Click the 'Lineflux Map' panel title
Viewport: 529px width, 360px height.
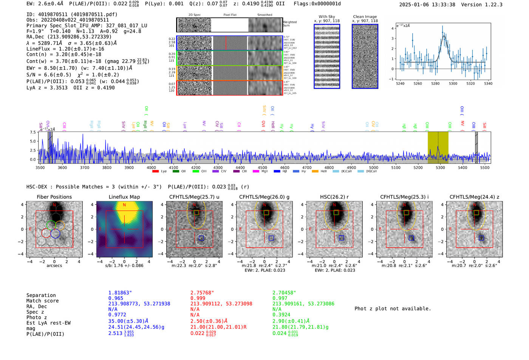pos(124,197)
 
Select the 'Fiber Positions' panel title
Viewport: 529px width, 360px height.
pos(54,197)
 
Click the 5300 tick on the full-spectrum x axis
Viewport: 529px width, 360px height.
pos(440,167)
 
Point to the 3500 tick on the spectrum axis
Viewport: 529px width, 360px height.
pos(40,167)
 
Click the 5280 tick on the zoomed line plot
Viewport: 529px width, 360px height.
pos(435,83)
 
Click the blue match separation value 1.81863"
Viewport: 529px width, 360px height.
pos(120,293)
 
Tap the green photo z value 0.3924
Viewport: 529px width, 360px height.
pos(281,315)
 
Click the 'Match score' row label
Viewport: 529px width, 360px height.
pos(42,301)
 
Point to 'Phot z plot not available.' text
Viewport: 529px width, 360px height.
pos(393,309)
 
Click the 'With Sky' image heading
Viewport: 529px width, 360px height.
pos(326,17)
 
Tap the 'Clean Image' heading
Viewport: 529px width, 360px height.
pos(365,17)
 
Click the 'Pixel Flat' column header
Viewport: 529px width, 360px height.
pos(230,15)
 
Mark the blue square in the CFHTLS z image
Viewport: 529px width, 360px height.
pos(481,238)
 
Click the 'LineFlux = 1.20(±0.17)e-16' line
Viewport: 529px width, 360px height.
pos(65,49)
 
